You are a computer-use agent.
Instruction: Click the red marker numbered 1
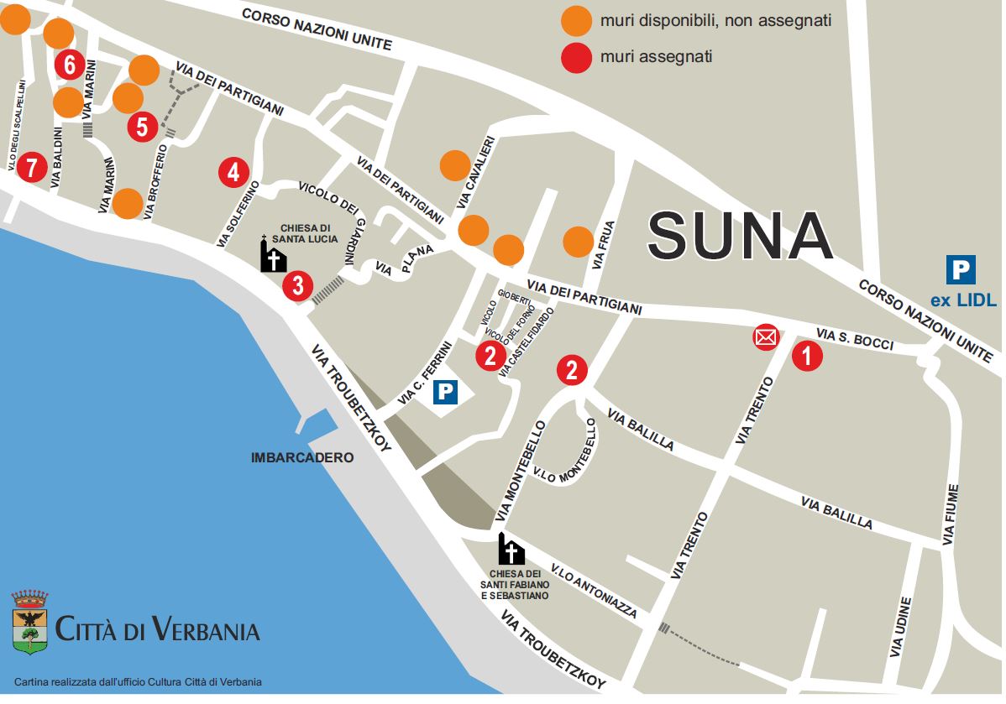click(807, 356)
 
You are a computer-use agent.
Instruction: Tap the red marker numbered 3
click(298, 285)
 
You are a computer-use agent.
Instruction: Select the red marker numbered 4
click(233, 172)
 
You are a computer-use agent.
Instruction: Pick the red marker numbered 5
click(142, 128)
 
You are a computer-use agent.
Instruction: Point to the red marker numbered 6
click(70, 64)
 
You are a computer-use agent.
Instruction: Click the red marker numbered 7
click(31, 168)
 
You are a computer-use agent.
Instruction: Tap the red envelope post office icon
click(765, 337)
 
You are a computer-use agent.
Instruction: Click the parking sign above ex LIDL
click(961, 270)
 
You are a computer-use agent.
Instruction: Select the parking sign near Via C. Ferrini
click(445, 392)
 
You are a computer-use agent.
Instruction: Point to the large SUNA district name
click(740, 236)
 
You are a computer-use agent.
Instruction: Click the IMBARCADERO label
click(302, 458)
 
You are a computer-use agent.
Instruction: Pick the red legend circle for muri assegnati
click(577, 58)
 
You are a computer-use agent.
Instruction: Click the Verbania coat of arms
click(30, 622)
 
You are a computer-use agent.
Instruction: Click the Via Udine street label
click(900, 628)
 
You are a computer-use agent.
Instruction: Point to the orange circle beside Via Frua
click(579, 242)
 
